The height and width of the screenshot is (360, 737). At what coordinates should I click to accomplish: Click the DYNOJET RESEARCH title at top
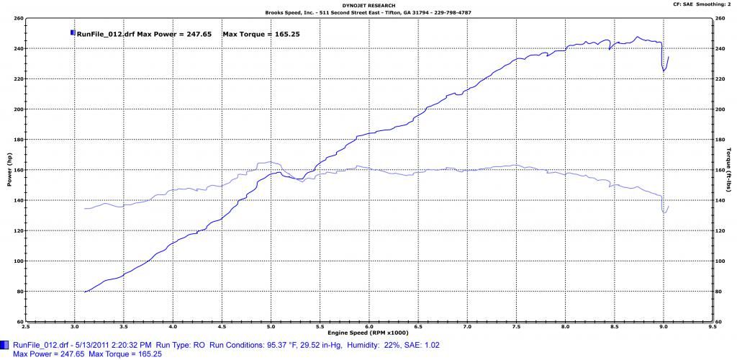pyautogui.click(x=368, y=6)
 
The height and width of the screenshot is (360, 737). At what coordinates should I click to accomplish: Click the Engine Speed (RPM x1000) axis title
pyautogui.click(x=368, y=333)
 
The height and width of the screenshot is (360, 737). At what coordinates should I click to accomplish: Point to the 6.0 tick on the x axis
pyautogui.click(x=368, y=326)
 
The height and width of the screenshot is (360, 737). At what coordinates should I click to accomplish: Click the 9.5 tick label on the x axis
pyautogui.click(x=712, y=326)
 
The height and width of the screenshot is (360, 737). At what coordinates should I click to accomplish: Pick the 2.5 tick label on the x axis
pyautogui.click(x=26, y=326)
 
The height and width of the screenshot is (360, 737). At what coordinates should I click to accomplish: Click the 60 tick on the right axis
pyautogui.click(x=720, y=321)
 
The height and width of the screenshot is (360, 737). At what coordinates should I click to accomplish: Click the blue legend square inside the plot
pyautogui.click(x=72, y=32)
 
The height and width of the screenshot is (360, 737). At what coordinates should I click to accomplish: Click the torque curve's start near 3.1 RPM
pyautogui.click(x=85, y=209)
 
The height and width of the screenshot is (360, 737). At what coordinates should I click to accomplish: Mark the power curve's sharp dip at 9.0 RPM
pyautogui.click(x=664, y=71)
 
